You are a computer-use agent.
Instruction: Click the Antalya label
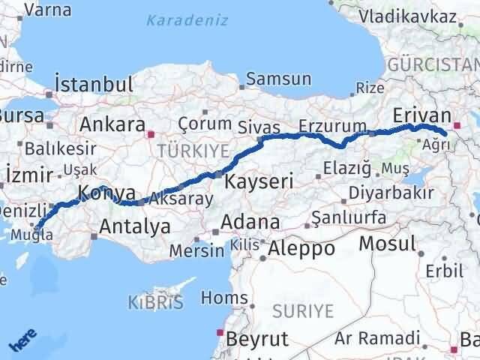[x=135, y=226]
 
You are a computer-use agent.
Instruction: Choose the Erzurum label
[x=332, y=125]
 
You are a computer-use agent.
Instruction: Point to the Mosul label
[x=387, y=243]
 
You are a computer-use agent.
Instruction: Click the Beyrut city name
[x=256, y=338]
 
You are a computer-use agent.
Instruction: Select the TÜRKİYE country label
[x=192, y=150]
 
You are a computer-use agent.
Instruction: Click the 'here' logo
[x=22, y=341]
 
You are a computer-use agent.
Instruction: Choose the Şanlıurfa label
[x=348, y=217]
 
